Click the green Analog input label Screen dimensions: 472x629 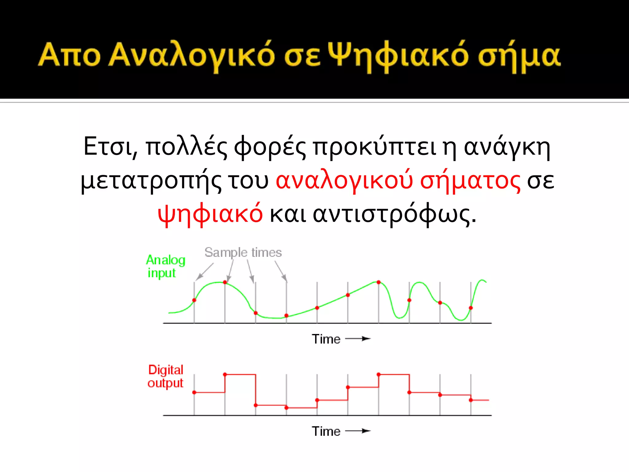(165, 266)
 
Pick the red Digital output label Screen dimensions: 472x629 (165, 376)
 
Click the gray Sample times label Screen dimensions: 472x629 (243, 252)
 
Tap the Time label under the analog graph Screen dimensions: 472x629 (326, 339)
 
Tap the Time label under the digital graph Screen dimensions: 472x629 (326, 431)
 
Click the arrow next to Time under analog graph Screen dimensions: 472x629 (358, 339)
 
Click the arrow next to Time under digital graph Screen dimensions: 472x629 (358, 431)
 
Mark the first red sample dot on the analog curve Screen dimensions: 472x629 (194, 300)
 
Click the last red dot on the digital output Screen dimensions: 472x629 (471, 400)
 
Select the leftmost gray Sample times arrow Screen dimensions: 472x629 (205, 271)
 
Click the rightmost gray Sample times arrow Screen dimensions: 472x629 (281, 271)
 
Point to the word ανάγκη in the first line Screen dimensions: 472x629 (507, 147)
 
